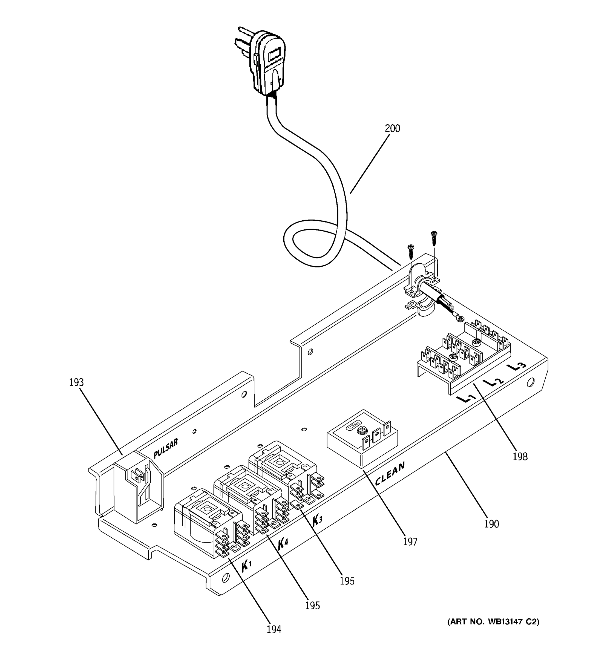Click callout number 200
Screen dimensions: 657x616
pos(392,129)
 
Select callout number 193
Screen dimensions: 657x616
pos(76,382)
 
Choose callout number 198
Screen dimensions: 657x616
pos(520,457)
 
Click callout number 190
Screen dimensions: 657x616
pos(491,524)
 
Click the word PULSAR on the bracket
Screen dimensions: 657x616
pos(166,448)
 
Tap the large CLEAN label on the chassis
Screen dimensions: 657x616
pos(390,474)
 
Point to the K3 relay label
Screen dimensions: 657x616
pos(317,520)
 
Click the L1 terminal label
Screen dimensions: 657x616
pos(466,399)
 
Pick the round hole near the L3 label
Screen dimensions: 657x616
pos(530,383)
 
